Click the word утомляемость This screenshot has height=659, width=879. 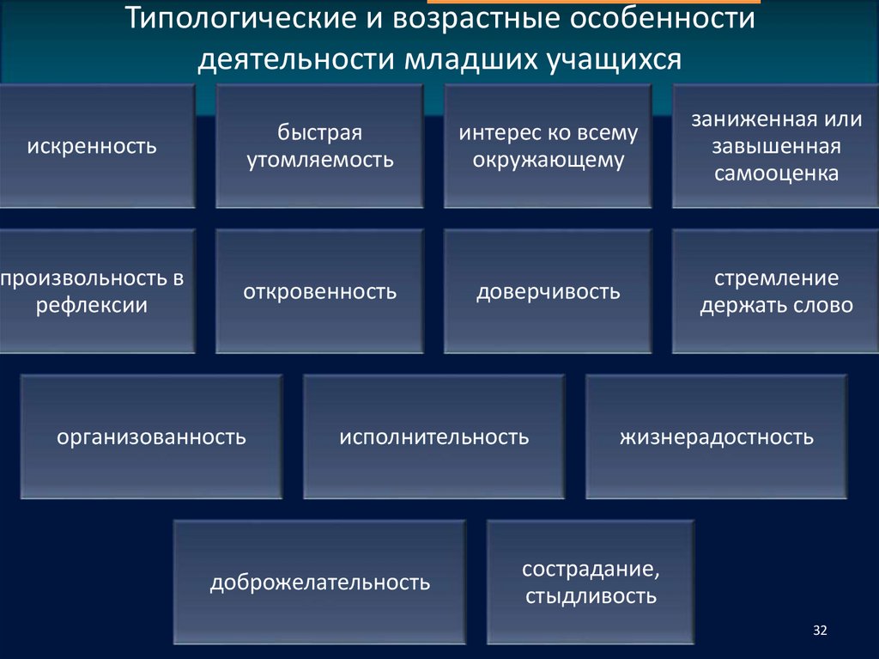320,159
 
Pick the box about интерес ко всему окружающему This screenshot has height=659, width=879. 548,146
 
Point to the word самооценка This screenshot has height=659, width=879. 776,174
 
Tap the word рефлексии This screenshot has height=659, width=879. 92,305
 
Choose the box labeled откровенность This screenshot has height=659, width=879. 319,292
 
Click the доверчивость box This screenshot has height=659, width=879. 548,292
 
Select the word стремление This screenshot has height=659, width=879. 776,279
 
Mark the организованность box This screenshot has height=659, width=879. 152,437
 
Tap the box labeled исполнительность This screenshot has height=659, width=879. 433,437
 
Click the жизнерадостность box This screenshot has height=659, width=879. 717,437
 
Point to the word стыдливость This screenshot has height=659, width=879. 591,595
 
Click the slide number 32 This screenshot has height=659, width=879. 819,632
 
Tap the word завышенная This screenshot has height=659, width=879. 776,146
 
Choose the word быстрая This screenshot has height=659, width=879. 320,133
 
